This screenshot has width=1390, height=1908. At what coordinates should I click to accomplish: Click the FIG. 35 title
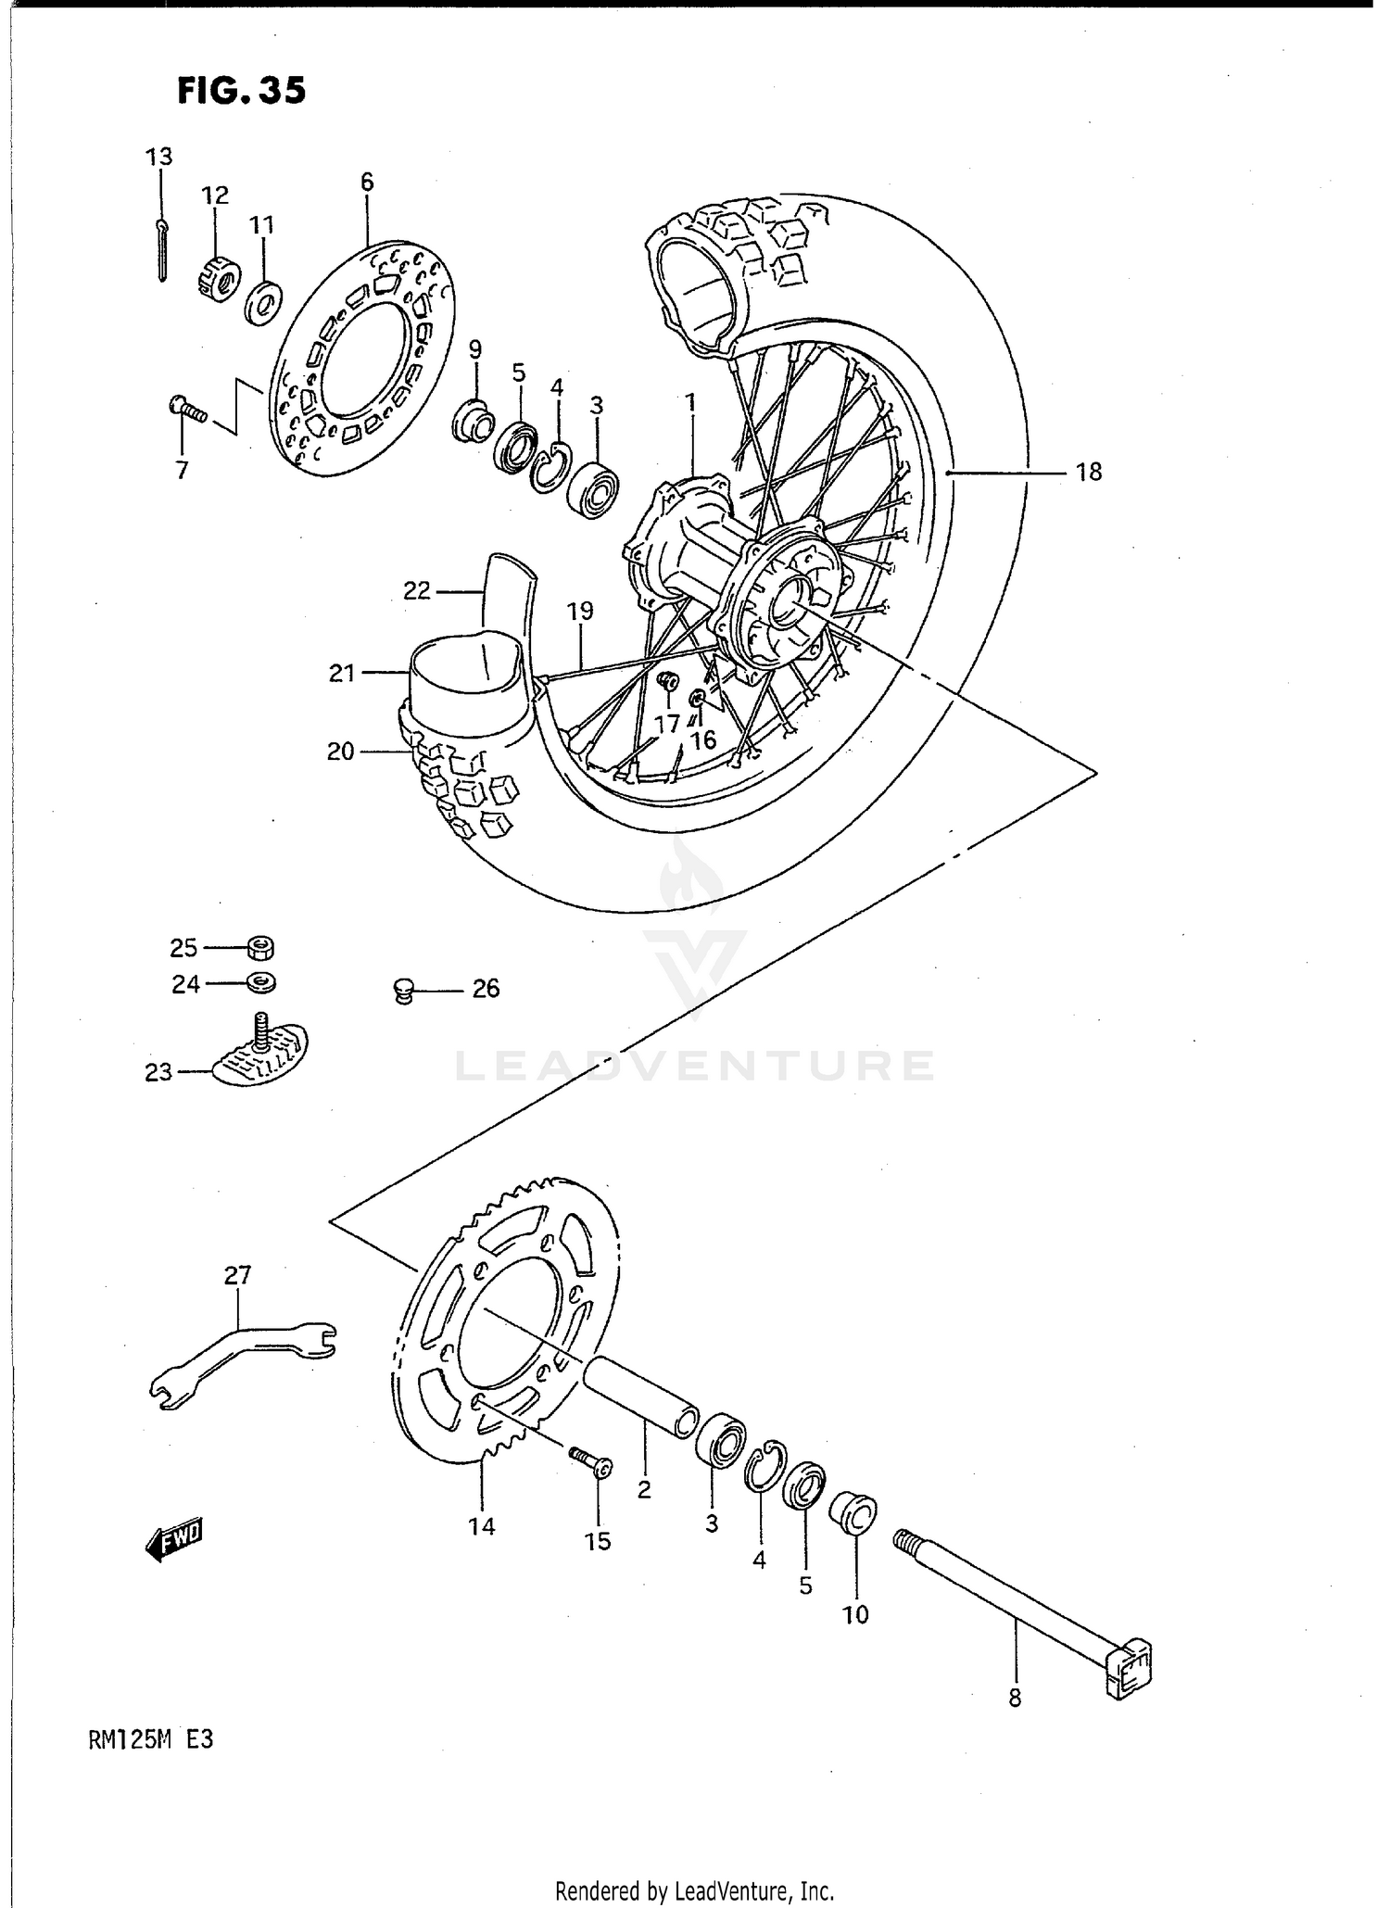tap(241, 91)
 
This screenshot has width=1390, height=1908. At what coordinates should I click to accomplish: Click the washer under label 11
tap(265, 301)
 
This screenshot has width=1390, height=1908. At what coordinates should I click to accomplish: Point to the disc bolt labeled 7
tap(186, 408)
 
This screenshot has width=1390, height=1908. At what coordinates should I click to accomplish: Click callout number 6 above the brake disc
tap(367, 182)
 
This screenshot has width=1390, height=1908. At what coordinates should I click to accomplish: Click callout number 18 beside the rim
tap(1089, 473)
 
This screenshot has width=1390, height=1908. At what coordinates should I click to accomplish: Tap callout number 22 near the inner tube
tap(417, 590)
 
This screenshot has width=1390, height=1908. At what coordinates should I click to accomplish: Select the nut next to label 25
tap(261, 948)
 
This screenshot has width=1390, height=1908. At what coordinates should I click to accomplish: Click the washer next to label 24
tap(262, 982)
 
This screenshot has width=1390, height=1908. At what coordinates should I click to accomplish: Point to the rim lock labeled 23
tap(261, 1056)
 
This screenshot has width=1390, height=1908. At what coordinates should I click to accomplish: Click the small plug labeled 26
tap(402, 992)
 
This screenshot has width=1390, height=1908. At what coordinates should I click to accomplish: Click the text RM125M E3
tap(151, 1739)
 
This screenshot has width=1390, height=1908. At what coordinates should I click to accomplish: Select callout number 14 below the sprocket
tap(482, 1525)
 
